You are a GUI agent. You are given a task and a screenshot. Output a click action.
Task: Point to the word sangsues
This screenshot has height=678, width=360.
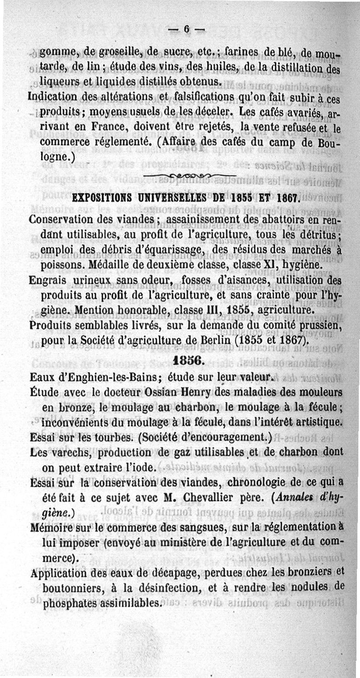tap(231, 526)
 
